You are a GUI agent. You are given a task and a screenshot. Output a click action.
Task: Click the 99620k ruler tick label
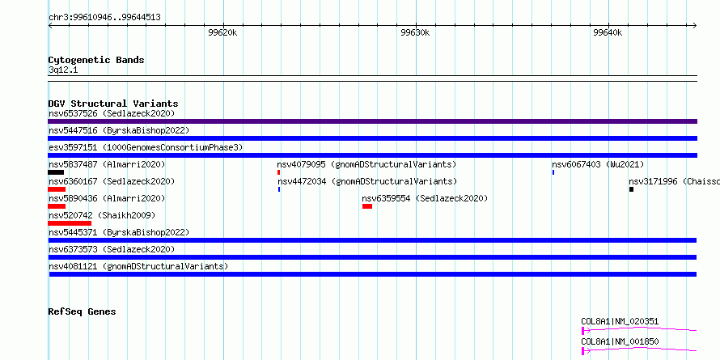[x=222, y=32]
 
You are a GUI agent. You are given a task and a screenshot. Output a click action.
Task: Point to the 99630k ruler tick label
[x=416, y=32]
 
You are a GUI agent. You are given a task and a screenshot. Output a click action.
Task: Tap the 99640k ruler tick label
[x=608, y=32]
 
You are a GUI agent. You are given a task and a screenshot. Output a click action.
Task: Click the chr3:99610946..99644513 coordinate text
[x=104, y=18]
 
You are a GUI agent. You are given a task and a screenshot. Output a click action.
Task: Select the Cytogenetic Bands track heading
[x=96, y=60]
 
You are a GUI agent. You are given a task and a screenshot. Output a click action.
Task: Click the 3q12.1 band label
[x=63, y=70]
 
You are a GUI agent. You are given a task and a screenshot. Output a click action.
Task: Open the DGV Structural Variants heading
[x=113, y=104]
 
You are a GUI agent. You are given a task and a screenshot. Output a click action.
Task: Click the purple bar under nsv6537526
[x=372, y=121]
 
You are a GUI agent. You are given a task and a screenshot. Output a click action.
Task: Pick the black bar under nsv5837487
[x=56, y=172]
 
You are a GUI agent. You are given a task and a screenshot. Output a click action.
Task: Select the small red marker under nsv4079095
[x=279, y=172]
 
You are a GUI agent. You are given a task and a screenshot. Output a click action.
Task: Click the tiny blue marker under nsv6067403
[x=553, y=172]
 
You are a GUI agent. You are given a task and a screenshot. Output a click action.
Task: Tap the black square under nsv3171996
[x=631, y=189]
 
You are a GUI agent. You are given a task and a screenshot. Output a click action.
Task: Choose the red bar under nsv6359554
[x=367, y=206]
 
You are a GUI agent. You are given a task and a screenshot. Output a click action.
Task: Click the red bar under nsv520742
[x=70, y=223]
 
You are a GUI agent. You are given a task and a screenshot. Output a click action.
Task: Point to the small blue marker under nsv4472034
[x=279, y=189]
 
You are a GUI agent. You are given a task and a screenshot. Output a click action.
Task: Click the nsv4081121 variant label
[x=138, y=266]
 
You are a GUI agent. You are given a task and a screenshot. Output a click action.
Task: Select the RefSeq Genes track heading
[x=83, y=311]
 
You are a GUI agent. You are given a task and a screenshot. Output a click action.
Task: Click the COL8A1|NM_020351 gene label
[x=620, y=321]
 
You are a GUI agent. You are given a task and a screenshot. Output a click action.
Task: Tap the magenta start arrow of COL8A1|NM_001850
[x=586, y=351]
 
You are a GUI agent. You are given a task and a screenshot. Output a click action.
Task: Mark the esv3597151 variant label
[x=146, y=147]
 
